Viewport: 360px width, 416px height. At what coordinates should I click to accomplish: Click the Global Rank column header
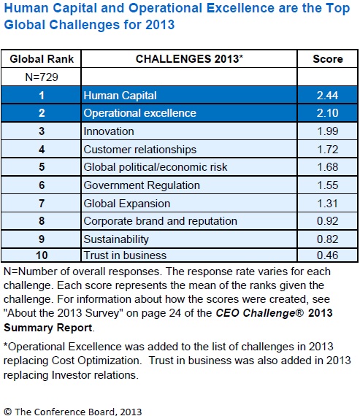42,59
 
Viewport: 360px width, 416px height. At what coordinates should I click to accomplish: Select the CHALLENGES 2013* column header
189,59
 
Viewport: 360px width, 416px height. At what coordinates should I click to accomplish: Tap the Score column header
328,59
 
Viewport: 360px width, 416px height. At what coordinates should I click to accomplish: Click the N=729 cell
42,77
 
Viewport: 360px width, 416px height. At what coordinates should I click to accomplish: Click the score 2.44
327,96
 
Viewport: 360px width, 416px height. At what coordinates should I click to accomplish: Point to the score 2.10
327,113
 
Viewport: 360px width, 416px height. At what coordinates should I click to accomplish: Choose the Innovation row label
109,131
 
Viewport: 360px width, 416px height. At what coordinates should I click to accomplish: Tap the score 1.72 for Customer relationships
328,150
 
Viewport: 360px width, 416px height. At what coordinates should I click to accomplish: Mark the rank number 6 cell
42,185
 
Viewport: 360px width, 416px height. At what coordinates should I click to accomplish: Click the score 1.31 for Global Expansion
328,204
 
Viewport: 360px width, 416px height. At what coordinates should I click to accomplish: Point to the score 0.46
328,255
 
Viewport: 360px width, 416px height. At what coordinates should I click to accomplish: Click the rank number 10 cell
42,255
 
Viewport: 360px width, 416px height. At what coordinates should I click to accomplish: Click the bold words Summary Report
48,328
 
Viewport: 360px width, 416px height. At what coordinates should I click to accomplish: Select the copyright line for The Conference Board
73,412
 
